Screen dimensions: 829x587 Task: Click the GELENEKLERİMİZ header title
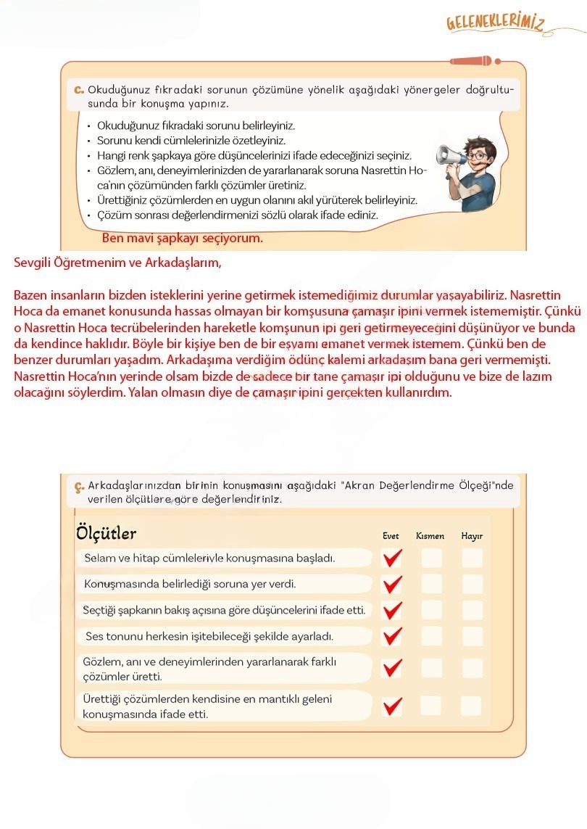tap(496, 24)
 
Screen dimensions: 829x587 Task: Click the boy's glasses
tap(478, 155)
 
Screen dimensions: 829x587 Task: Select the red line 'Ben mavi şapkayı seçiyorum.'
tap(183, 238)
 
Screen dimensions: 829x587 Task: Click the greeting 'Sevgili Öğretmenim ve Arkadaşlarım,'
tap(117, 263)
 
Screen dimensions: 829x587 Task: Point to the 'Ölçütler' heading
tap(106, 534)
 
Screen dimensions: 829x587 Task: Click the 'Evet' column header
tap(391, 536)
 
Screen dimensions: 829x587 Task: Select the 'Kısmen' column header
tap(430, 536)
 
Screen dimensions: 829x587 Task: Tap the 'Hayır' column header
tap(472, 536)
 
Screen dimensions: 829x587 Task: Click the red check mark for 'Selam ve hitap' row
tap(392, 558)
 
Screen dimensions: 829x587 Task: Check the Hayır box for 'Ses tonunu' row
tap(472, 636)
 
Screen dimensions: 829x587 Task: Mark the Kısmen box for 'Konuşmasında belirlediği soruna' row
tap(431, 584)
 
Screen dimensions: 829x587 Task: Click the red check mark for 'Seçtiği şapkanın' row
tap(392, 610)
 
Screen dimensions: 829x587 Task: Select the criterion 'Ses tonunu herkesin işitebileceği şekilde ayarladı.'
tap(209, 637)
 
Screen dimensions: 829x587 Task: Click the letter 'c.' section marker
tap(79, 90)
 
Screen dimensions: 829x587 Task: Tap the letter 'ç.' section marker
tap(79, 486)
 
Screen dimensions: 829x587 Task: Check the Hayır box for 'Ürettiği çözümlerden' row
tap(472, 706)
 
